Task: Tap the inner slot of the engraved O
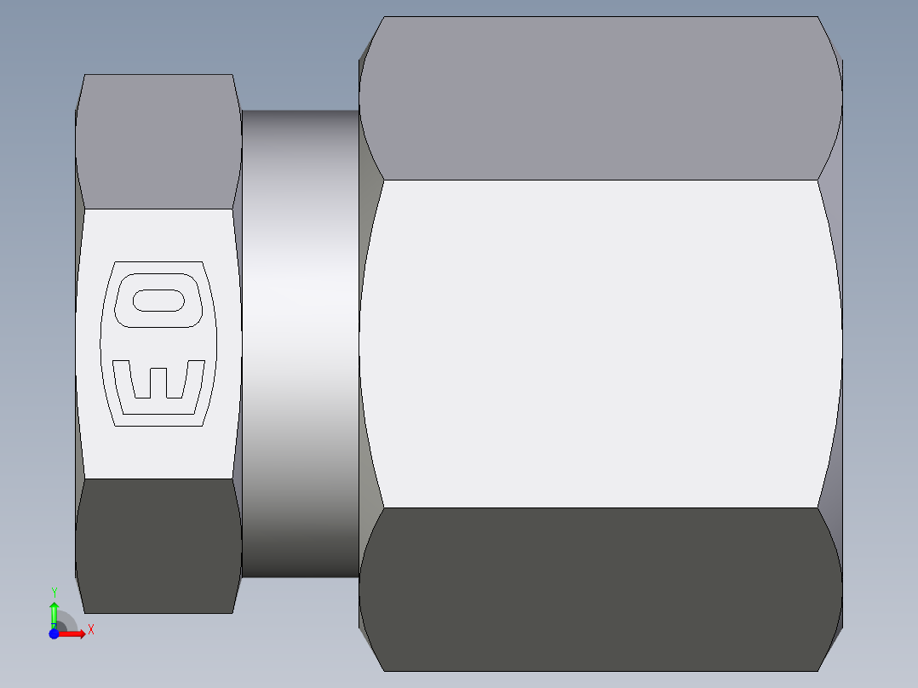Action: [158, 300]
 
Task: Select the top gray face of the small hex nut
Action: [158, 140]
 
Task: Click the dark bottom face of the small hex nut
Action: [158, 545]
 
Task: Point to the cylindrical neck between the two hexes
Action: [300, 341]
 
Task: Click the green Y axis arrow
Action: [54, 611]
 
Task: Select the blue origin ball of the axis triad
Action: [54, 634]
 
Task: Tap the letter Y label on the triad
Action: [54, 592]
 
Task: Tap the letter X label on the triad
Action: [90, 630]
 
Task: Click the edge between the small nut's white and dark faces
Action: [158, 479]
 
